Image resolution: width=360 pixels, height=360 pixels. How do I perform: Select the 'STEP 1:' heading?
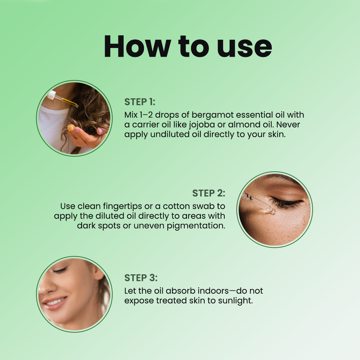[x=140, y=102]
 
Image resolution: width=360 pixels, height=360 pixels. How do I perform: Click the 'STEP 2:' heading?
[x=209, y=193]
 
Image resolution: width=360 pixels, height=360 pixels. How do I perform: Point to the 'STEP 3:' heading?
[x=141, y=278]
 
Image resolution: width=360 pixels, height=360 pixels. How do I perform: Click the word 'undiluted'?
[x=170, y=134]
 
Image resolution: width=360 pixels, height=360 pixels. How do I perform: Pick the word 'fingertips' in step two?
[x=122, y=206]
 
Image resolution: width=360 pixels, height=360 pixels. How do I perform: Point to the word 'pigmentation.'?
[x=196, y=226]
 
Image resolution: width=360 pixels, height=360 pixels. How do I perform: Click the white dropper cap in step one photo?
[x=52, y=95]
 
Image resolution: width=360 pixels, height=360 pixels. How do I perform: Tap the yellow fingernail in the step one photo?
[x=70, y=128]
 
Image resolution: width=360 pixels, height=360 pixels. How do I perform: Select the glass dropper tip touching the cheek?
[x=272, y=211]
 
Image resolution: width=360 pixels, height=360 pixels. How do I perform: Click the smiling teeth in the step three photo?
[x=55, y=302]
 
